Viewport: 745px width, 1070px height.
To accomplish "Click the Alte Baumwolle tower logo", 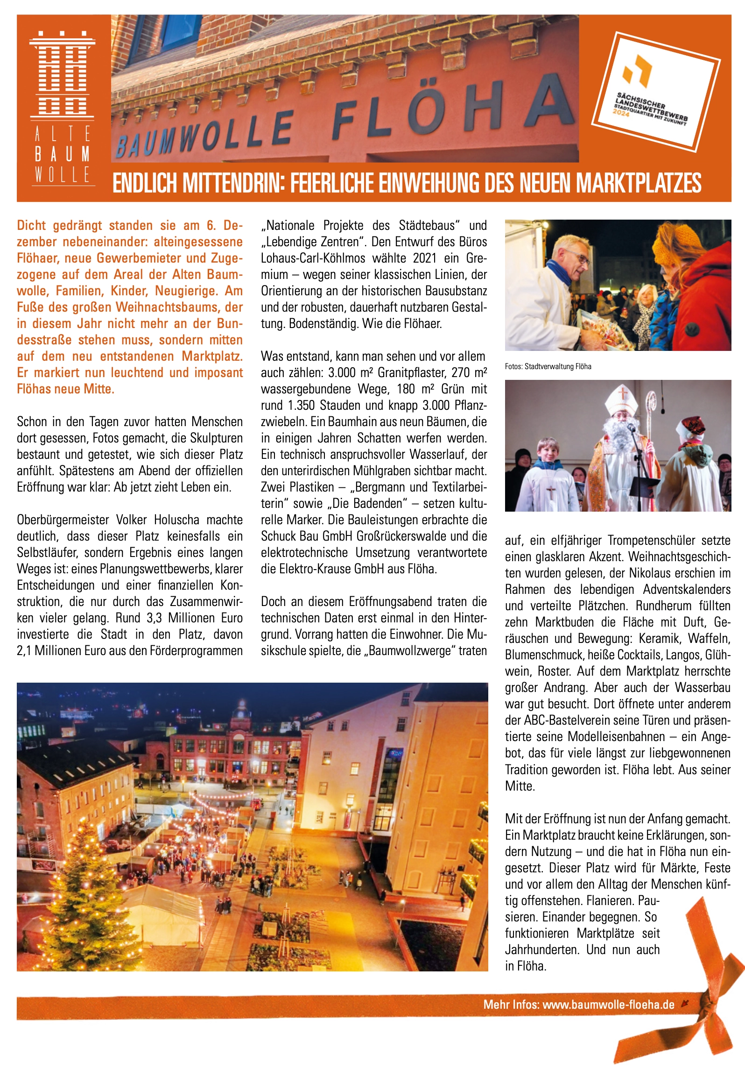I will click(63, 75).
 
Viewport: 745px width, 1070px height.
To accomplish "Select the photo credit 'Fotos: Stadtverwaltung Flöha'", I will click(548, 367).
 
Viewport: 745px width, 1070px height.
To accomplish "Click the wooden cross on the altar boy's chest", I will click(551, 492).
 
